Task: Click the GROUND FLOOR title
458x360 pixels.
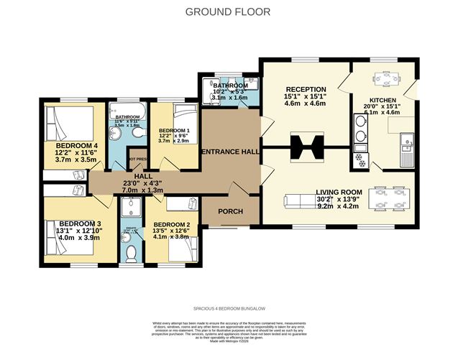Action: point(229,11)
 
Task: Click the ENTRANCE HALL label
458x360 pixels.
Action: point(230,152)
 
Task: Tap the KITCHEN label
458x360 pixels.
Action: point(383,101)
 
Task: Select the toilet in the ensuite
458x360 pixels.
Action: point(131,254)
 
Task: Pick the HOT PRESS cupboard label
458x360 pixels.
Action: point(137,159)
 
